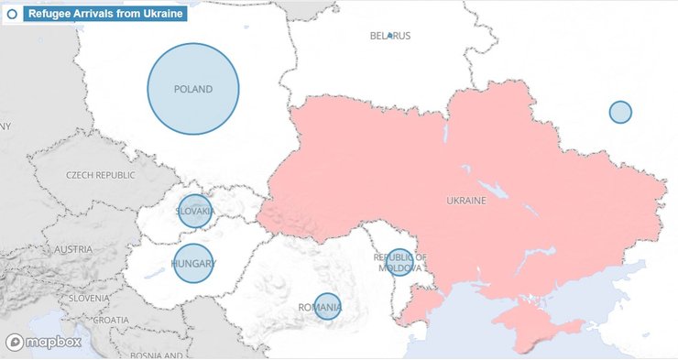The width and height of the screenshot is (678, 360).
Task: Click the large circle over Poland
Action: tap(193, 89)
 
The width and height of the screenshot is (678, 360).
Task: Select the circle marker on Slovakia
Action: tap(194, 211)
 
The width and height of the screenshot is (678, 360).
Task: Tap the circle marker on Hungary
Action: tap(193, 263)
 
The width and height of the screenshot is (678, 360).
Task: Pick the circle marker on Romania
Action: tap(327, 305)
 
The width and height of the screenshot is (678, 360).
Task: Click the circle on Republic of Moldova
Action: tap(399, 261)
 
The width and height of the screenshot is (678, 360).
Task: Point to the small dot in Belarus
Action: tap(389, 35)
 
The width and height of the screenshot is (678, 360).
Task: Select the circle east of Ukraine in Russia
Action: tap(620, 112)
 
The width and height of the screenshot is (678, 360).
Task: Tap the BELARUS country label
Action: tap(390, 37)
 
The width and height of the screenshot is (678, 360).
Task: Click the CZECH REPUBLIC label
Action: tap(100, 175)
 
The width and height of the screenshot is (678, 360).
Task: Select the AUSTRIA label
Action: tap(72, 249)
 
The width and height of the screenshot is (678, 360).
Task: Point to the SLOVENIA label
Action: tap(89, 298)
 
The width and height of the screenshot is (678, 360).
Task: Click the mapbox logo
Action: tap(43, 343)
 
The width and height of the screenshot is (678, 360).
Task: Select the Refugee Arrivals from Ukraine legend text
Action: tap(104, 14)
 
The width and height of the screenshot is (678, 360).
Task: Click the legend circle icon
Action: tap(13, 14)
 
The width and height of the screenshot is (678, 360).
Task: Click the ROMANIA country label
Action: tap(319, 309)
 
